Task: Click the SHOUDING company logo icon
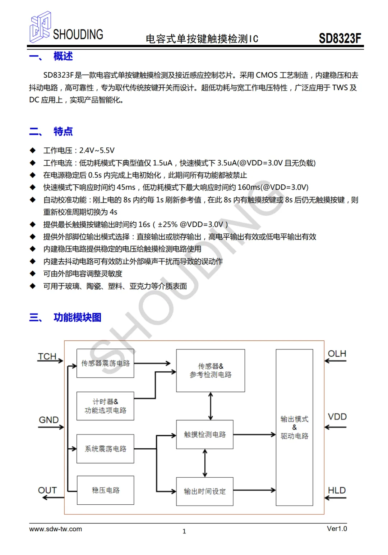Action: [x=40, y=27]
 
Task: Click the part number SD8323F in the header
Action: [x=340, y=38]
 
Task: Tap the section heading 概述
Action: [x=63, y=56]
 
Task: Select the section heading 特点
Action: [x=63, y=131]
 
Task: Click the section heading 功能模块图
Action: [x=77, y=317]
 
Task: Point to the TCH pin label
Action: [x=47, y=356]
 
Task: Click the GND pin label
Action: [x=49, y=420]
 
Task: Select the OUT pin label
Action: [x=47, y=490]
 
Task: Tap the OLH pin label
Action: [x=337, y=354]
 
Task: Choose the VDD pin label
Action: [x=337, y=417]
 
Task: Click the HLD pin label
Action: [x=337, y=490]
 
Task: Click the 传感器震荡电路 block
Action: [x=105, y=363]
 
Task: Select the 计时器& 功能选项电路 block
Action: [x=105, y=406]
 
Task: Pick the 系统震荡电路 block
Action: [x=105, y=449]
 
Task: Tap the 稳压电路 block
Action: [x=106, y=490]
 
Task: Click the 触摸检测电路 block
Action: [x=204, y=434]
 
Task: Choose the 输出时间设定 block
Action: [x=204, y=491]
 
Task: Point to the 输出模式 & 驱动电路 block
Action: [x=294, y=427]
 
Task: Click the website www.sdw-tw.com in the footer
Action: [x=55, y=529]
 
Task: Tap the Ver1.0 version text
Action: [x=337, y=528]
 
